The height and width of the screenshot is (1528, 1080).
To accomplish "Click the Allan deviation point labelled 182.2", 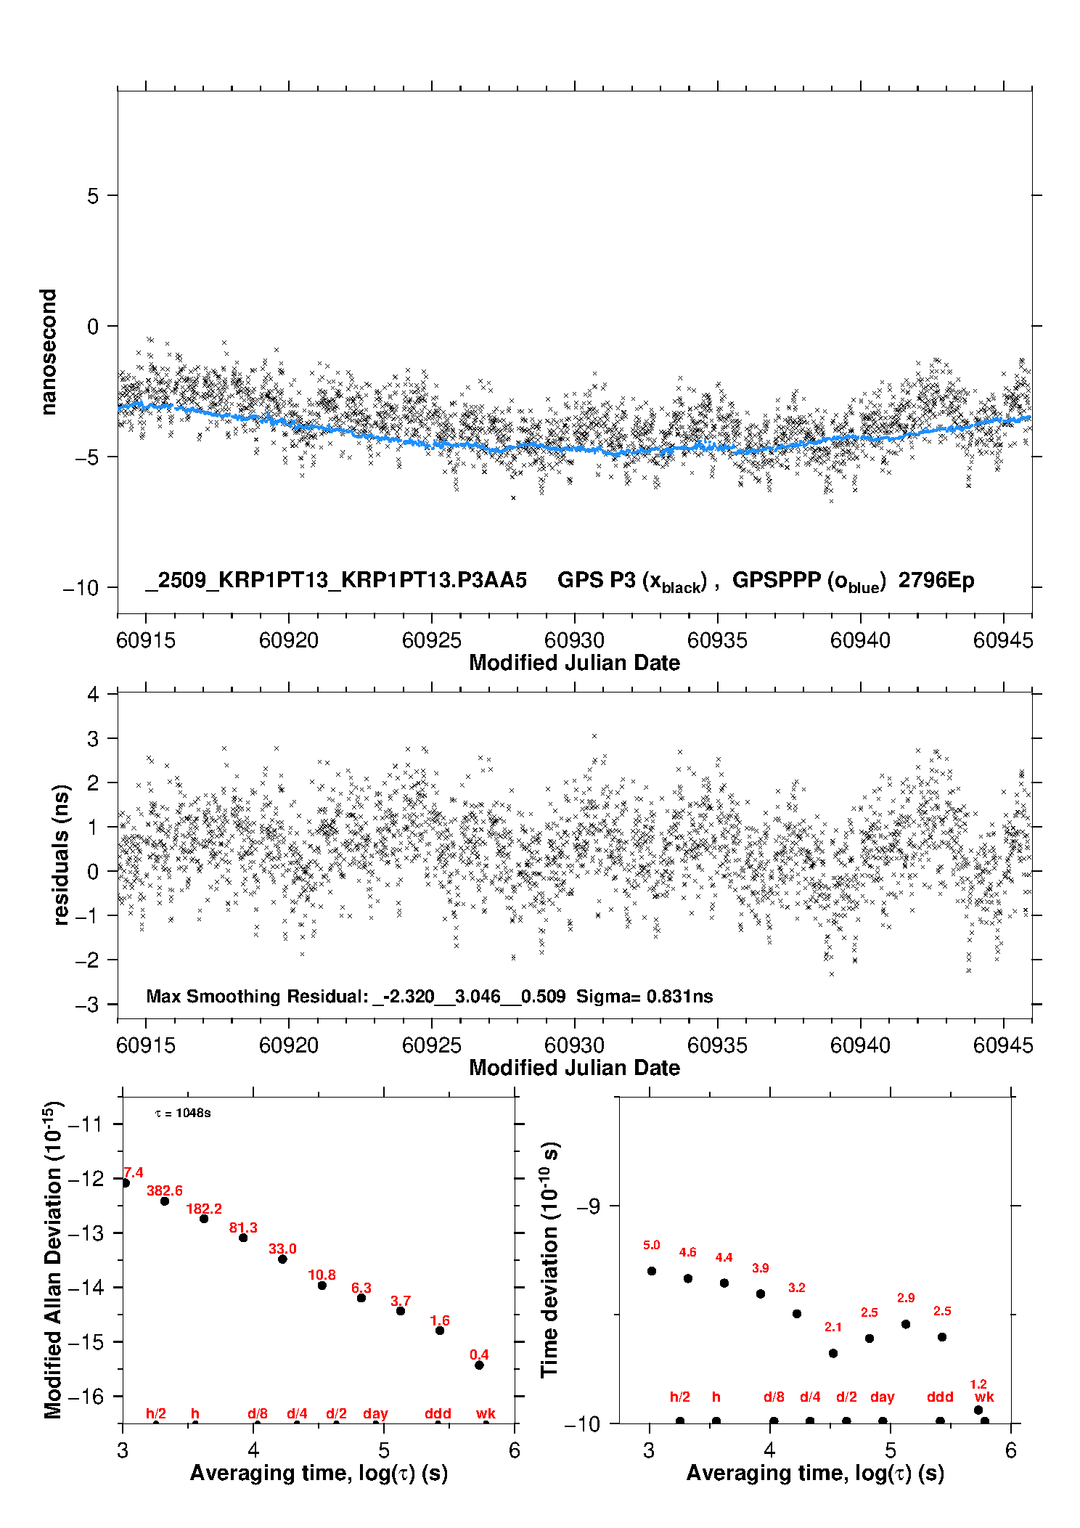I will point(204,1219).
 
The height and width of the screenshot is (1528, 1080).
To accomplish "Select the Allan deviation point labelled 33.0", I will point(282,1259).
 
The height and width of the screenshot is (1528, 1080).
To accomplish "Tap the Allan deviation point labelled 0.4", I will point(479,1365).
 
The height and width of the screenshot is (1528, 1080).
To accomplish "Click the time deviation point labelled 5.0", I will point(652,1271).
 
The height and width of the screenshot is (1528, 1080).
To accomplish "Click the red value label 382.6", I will point(165,1190).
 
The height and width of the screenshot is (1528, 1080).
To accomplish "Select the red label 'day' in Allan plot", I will point(375,1413).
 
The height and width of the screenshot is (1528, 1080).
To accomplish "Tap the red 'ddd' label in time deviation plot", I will point(940,1397).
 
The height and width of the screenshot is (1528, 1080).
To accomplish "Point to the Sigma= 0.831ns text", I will point(645,997).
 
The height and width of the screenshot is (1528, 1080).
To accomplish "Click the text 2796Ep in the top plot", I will point(936,581).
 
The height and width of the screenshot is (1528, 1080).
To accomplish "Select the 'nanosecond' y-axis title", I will point(48,352).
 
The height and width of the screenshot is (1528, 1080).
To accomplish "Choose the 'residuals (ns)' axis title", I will point(61,855).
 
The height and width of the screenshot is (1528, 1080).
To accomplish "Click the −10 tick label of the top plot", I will point(81,588).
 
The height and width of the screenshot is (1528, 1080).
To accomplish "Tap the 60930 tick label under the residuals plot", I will point(574,1045).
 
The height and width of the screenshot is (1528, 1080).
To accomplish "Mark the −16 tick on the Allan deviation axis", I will point(85,1396).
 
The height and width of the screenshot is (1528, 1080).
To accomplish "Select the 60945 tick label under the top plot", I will point(1003,640).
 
